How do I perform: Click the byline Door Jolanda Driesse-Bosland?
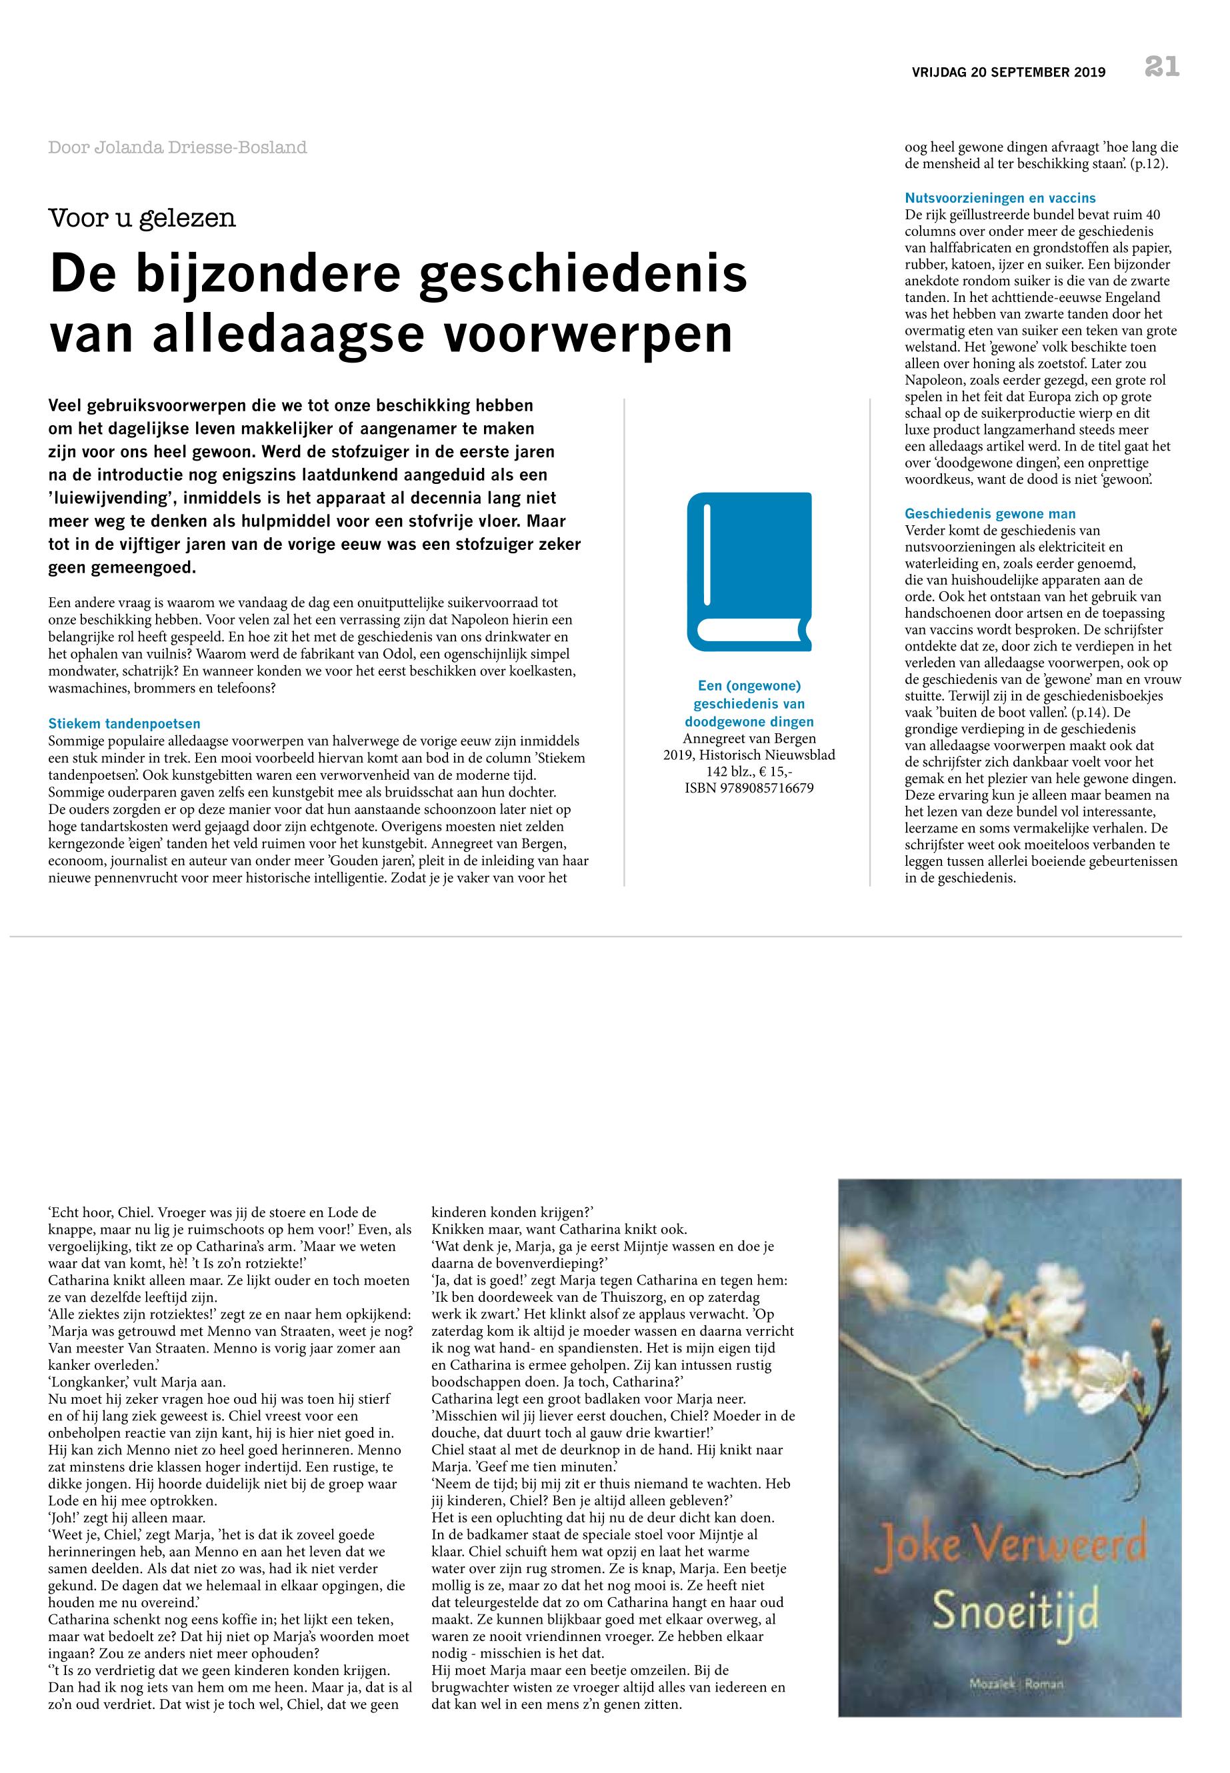pos(177,147)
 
